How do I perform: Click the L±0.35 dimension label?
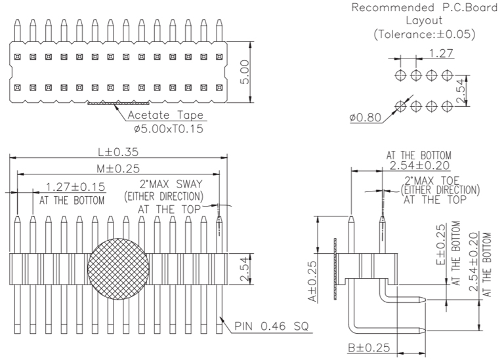coord(118,151)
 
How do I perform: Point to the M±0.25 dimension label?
coord(118,169)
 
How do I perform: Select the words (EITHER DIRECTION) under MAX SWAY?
coord(163,196)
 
